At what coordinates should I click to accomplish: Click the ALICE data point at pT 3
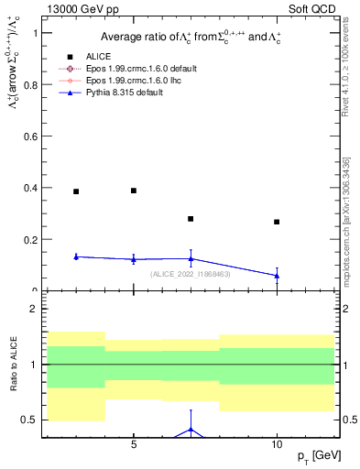point(76,191)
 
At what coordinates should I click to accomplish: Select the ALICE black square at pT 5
point(134,191)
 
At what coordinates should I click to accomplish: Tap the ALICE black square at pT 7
point(191,219)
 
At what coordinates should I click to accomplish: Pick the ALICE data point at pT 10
point(277,222)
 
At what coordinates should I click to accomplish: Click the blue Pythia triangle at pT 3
point(76,256)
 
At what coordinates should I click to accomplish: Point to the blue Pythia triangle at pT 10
point(277,275)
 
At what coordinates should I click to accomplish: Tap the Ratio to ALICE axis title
point(11,365)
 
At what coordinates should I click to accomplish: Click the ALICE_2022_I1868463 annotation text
point(191,274)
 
